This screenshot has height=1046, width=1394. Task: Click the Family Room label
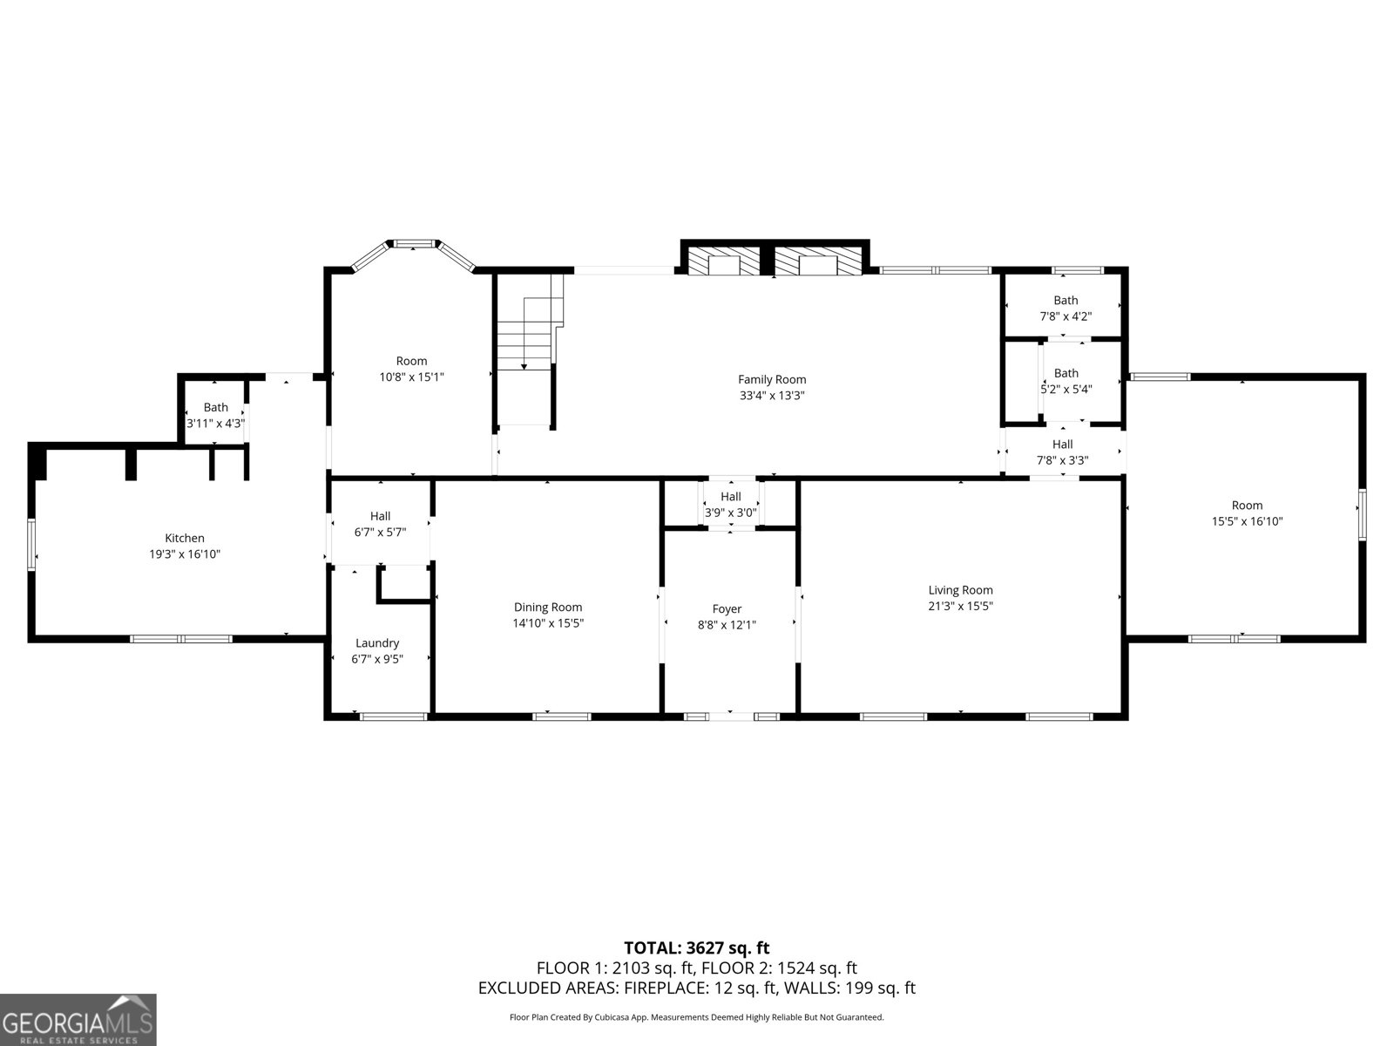(x=772, y=379)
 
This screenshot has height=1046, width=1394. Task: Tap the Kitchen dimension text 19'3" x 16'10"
(x=185, y=554)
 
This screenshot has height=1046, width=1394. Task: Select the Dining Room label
(x=548, y=608)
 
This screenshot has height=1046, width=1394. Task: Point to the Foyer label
(x=727, y=609)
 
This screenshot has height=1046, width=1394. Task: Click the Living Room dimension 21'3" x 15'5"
(x=960, y=606)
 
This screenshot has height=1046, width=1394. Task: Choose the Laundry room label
(x=377, y=643)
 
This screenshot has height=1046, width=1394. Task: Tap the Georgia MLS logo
(x=78, y=1019)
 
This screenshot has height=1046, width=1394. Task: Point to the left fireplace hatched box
(x=725, y=261)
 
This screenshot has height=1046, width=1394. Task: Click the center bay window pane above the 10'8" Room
(x=414, y=243)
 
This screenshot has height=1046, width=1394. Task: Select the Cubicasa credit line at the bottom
(x=697, y=1017)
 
